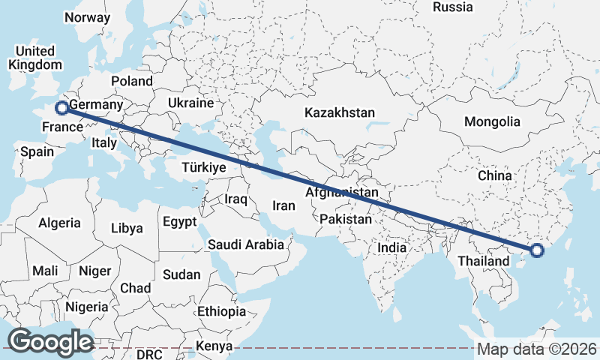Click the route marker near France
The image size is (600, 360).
coord(61,107)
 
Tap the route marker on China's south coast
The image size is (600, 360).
coord(536,251)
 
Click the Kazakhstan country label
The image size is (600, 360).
coord(339,112)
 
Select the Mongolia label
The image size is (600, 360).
coord(492,121)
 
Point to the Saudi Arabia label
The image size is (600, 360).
coord(246,244)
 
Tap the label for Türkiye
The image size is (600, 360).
coord(204,169)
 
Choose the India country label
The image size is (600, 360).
coord(391,247)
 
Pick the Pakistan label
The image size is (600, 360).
coord(345,220)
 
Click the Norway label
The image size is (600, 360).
coord(87,17)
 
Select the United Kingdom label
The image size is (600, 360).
coord(35,58)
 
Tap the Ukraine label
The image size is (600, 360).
coord(190,103)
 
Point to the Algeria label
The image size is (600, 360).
coord(59,223)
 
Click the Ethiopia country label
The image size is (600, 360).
coord(221,311)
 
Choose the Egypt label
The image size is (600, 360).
coord(179,222)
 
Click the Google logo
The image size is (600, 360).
coord(50,341)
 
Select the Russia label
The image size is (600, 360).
coord(453,7)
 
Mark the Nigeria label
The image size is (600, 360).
coord(87,307)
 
